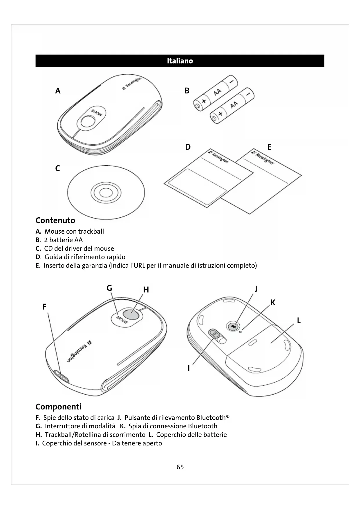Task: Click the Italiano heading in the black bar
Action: [180, 61]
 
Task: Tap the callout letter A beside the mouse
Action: [58, 91]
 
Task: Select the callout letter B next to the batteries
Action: [187, 91]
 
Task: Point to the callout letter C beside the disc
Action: [57, 168]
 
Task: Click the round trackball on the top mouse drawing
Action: [88, 122]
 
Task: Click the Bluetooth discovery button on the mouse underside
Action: [233, 326]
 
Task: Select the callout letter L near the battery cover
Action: [299, 321]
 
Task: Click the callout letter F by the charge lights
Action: [44, 307]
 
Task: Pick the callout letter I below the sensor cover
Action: [189, 368]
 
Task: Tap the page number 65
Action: [180, 467]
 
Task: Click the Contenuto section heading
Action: [55, 221]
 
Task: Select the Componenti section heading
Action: [58, 407]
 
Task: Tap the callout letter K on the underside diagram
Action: [273, 303]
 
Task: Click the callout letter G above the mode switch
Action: [109, 288]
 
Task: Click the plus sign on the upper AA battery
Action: [204, 101]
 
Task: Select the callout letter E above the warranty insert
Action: [269, 147]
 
